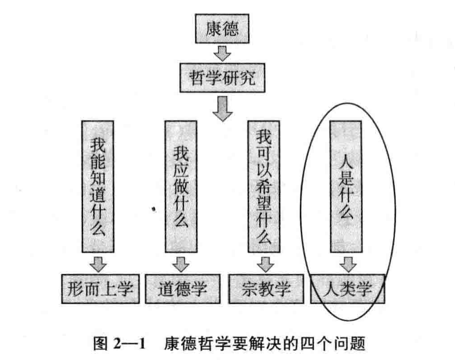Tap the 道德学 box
183,288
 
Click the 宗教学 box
265,288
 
